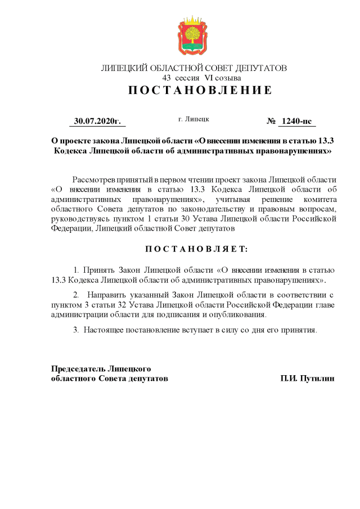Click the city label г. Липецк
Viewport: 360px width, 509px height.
193,119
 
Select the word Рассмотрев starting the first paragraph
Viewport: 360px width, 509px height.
94,178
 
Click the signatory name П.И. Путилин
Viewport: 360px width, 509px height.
308,379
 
